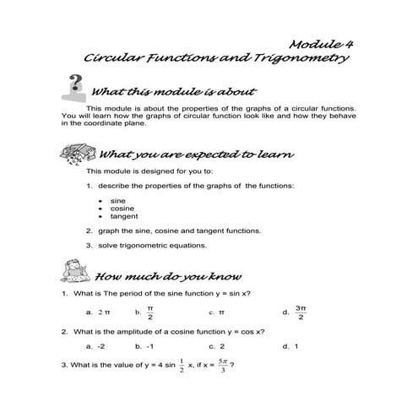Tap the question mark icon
point(75,87)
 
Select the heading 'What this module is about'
point(173,92)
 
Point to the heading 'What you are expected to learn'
point(196,155)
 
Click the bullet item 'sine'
point(118,200)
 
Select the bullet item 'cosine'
point(122,208)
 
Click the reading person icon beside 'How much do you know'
point(77,273)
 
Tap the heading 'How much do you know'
point(170,276)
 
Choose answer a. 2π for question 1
point(98,312)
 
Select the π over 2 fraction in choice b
point(149,312)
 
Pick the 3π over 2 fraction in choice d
point(301,312)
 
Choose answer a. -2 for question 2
point(95,346)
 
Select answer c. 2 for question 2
point(216,346)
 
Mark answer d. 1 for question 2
point(291,346)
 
